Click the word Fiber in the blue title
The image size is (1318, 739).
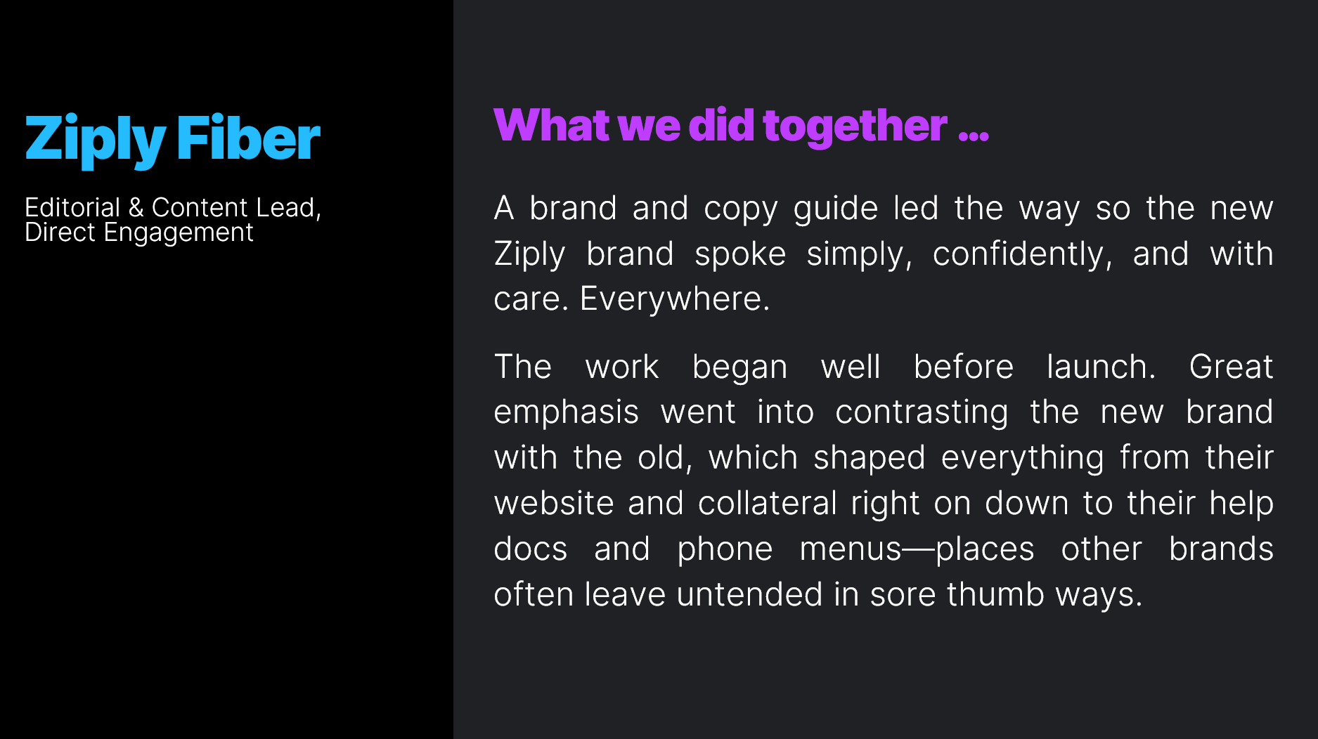click(x=248, y=139)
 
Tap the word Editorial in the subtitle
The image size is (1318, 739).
click(x=72, y=208)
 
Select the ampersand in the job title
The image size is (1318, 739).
click(x=136, y=208)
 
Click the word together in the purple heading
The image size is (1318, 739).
click(x=855, y=126)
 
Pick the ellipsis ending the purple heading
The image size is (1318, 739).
click(x=974, y=133)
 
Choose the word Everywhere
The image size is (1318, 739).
click(x=675, y=299)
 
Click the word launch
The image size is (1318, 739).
click(x=1101, y=367)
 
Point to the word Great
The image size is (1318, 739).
click(x=1231, y=367)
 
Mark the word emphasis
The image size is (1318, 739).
click(x=566, y=413)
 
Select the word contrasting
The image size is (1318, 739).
click(x=922, y=413)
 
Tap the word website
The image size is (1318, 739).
click(x=554, y=504)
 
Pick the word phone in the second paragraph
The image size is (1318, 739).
click(x=725, y=550)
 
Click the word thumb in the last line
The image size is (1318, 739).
click(x=995, y=595)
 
